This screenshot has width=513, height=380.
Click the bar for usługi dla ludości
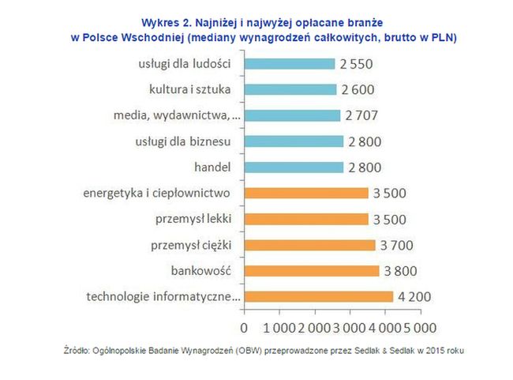pyautogui.click(x=290, y=63)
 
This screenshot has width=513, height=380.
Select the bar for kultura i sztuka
pyautogui.click(x=291, y=89)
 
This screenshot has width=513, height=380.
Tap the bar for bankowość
pyautogui.click(x=312, y=270)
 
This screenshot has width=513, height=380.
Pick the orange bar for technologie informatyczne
pyautogui.click(x=319, y=296)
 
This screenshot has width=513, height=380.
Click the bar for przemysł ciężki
pyautogui.click(x=310, y=245)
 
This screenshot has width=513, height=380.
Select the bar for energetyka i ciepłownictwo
pyautogui.click(x=306, y=193)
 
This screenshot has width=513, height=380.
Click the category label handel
pyautogui.click(x=212, y=167)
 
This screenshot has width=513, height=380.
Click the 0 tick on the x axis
pyautogui.click(x=245, y=326)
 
